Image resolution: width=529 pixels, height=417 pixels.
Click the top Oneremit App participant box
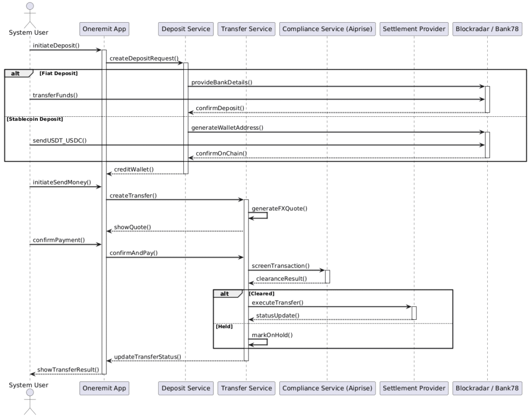tap(104, 29)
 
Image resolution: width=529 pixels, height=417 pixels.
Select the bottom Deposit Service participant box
tap(185, 389)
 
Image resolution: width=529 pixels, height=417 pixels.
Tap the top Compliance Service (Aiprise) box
tap(327, 29)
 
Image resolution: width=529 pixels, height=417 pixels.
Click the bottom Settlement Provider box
tap(414, 389)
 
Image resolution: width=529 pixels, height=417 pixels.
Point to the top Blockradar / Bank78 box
tap(487, 29)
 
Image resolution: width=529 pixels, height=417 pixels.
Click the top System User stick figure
tap(30, 15)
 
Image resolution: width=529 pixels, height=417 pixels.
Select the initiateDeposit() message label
tap(56, 45)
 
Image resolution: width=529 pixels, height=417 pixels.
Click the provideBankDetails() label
tap(222, 82)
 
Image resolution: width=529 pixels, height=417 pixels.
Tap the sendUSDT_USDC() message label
tap(60, 141)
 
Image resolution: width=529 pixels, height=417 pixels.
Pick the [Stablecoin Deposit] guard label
tap(35, 119)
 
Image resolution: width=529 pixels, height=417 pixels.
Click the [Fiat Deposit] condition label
tap(58, 73)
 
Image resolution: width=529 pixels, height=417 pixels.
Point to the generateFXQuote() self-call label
tap(279, 209)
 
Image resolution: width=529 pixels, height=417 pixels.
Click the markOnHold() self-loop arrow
tap(267, 342)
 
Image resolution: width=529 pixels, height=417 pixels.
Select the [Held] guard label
tap(224, 326)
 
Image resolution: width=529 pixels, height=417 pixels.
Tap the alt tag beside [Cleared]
tap(225, 294)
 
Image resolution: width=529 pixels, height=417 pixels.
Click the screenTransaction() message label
tap(281, 266)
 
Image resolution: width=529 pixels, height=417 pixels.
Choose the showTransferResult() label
tap(68, 370)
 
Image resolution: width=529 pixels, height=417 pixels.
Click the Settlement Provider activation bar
tap(414, 313)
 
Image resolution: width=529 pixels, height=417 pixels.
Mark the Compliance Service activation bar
tap(327, 276)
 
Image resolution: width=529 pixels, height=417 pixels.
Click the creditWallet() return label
tap(134, 169)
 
